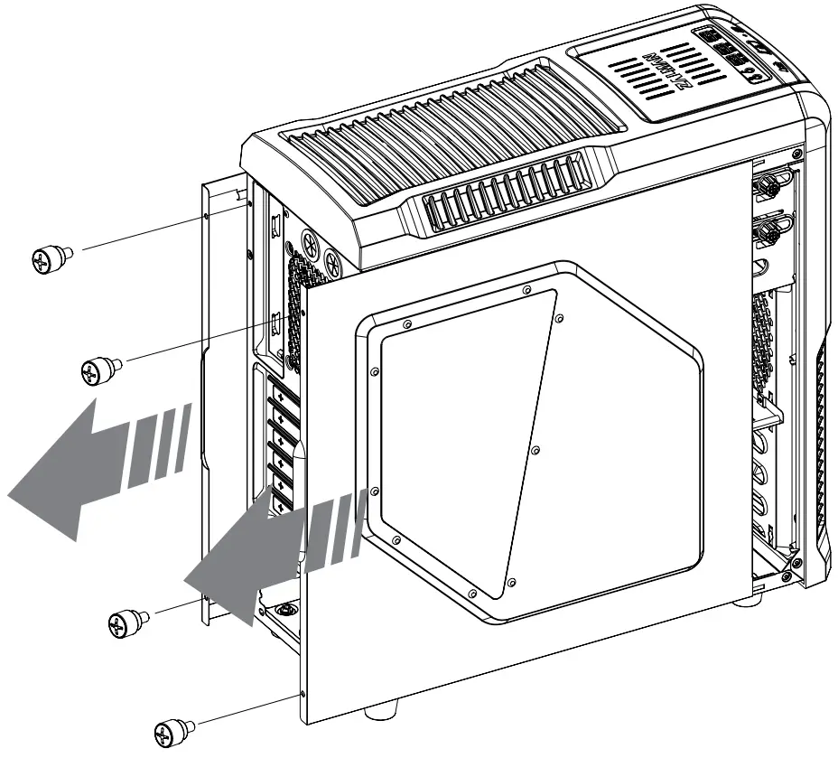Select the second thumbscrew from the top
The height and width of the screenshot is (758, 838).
98,370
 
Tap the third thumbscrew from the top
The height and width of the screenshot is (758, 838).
126,622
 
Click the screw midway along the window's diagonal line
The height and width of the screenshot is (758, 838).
535,450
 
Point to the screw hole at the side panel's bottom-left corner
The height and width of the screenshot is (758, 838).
300,696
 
